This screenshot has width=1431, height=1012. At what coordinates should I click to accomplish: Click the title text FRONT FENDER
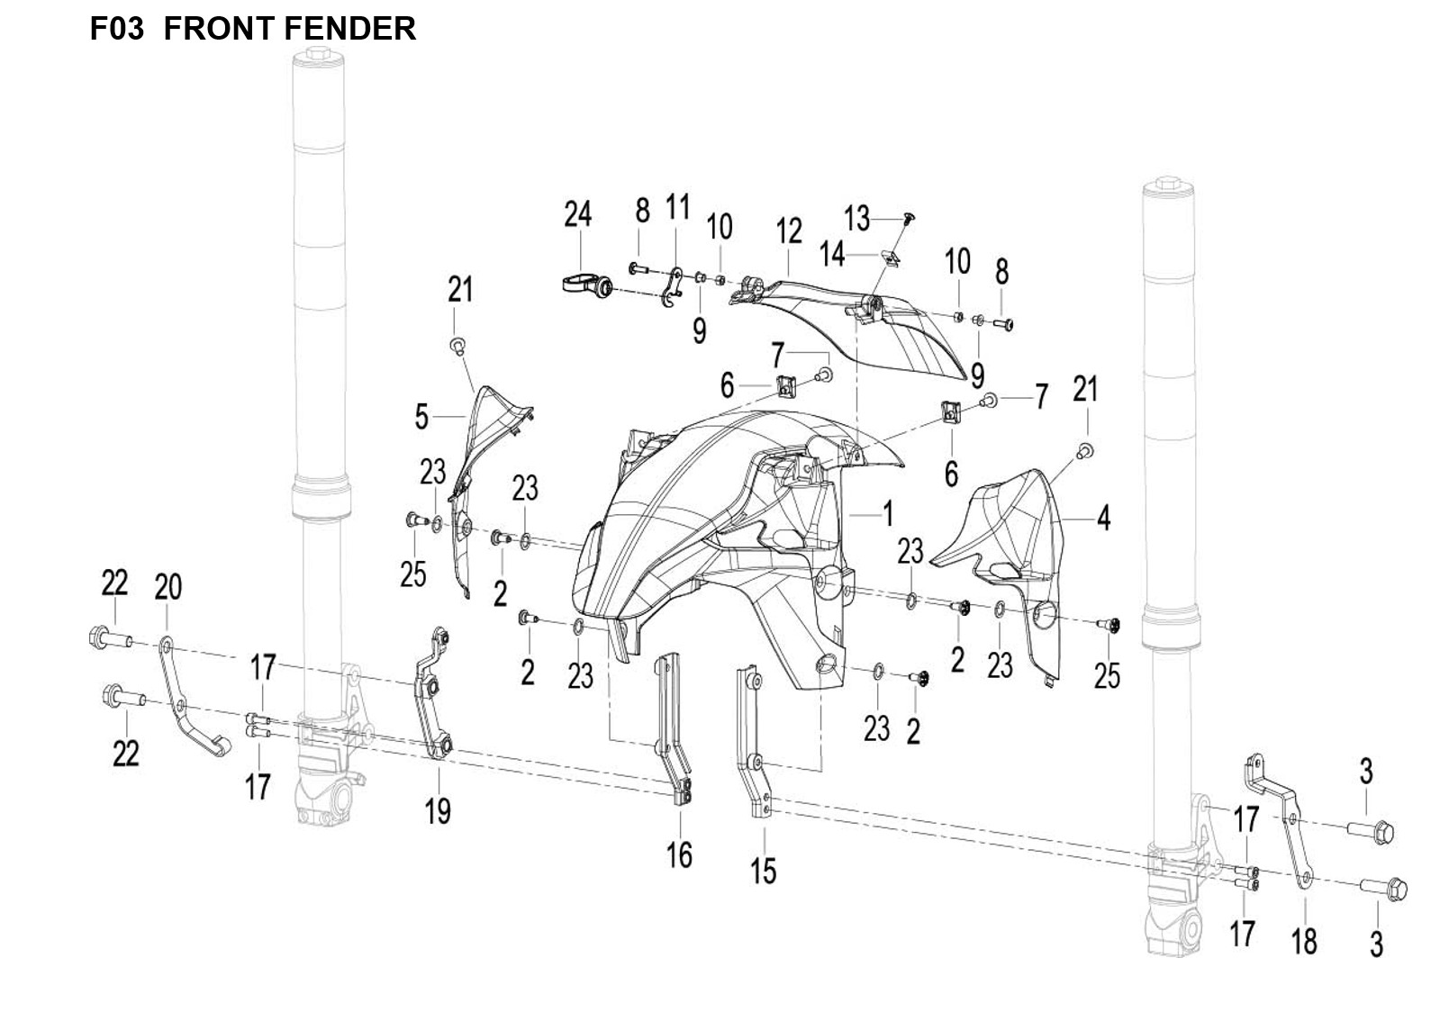coord(289,29)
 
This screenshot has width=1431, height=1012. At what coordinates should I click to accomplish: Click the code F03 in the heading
coord(116,29)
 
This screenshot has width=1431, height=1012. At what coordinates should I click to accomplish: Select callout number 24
coord(577,214)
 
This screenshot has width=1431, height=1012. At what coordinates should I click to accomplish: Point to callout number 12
coord(789,231)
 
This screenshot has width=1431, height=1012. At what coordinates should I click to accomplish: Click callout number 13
coord(856,217)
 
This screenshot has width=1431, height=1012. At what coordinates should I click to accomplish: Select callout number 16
coord(679,854)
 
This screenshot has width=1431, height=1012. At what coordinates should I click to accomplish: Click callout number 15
coord(764,871)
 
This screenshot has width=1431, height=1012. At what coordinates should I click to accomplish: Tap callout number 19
coord(438,811)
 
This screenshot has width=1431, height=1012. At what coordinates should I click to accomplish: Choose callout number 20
coord(168,587)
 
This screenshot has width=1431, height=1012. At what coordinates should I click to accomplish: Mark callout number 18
coord(1303,941)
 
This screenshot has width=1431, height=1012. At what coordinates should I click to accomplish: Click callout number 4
coord(1103,519)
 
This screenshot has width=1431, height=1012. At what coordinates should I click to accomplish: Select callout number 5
coord(421,417)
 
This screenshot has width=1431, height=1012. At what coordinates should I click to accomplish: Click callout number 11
coord(677,207)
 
